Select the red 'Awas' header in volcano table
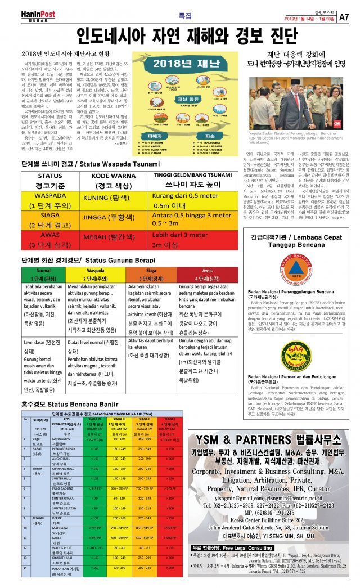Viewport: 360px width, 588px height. pos(207,270)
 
